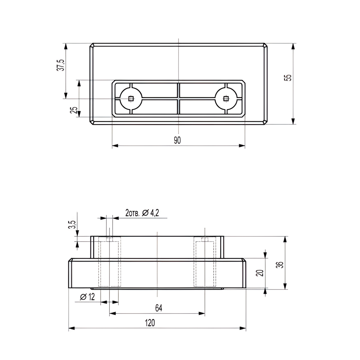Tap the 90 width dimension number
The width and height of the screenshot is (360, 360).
point(177,140)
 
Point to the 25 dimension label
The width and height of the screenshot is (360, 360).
point(74,110)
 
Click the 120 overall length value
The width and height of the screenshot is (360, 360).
point(150,323)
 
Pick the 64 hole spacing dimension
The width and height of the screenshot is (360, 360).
point(159,308)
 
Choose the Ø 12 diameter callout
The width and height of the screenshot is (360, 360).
point(87,297)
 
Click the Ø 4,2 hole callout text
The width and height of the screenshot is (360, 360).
point(150,213)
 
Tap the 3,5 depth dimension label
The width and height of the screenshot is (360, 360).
point(72,225)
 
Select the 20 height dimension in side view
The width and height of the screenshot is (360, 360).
point(261,273)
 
